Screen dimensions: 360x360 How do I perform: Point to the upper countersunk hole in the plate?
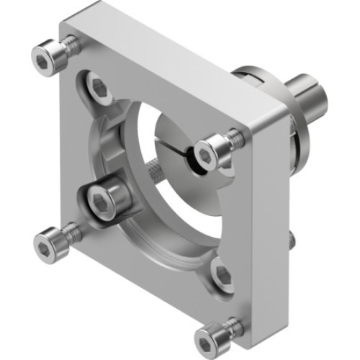click(x=99, y=89)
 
